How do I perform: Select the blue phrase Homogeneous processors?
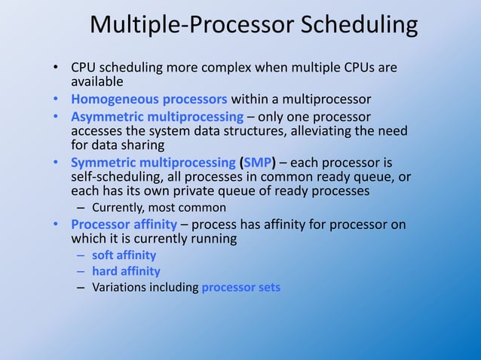(149, 99)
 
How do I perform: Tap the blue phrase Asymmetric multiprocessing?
(157, 117)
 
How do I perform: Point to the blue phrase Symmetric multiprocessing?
(153, 163)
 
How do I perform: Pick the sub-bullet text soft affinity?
(124, 255)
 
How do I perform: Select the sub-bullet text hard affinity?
(126, 271)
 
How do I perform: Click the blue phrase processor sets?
(240, 287)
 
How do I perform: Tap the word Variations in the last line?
(118, 287)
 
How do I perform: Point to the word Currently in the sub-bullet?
(118, 207)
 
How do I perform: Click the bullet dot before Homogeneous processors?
(57, 99)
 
